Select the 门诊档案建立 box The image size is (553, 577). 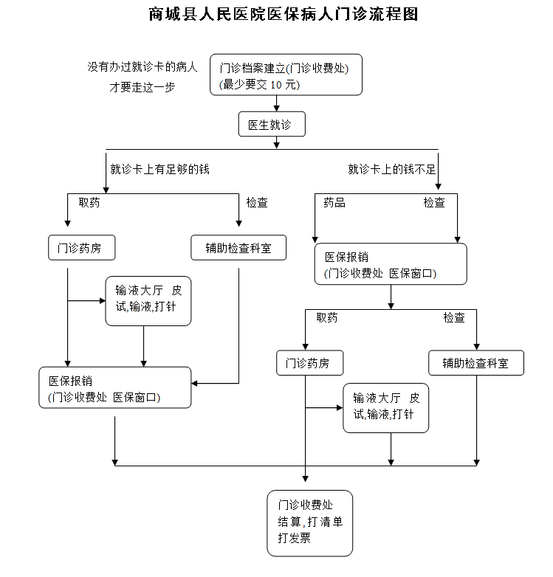286,75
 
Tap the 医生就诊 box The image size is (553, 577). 271,125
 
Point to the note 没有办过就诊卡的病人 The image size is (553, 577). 142,67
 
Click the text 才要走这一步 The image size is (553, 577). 142,87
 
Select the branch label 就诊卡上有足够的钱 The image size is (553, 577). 159,170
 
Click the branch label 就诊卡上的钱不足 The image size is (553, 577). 392,170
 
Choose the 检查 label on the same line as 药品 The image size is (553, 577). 434,202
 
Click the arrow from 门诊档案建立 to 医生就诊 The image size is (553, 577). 276,104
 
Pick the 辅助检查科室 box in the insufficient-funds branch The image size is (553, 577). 475,363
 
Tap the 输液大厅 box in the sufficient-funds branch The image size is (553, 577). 148,300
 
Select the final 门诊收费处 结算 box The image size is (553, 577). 309,522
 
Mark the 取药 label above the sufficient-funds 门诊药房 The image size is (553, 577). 89,202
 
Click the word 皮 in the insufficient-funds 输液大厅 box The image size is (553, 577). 414,398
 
